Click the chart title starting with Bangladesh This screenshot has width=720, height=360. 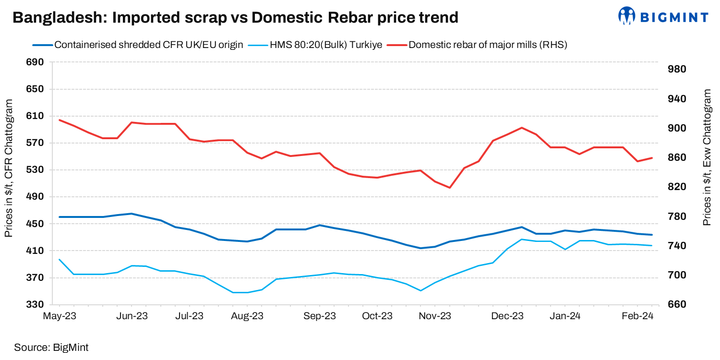[235, 18]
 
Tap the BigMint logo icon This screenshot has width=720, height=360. [626, 16]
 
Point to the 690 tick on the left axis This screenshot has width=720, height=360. [36, 62]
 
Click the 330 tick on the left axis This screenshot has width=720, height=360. [36, 305]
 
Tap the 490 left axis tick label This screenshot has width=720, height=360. [36, 197]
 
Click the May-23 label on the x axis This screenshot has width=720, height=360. [60, 316]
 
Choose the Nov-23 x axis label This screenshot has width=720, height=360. [435, 316]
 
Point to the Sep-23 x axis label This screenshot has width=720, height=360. [320, 316]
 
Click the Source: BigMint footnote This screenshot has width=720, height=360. [51, 347]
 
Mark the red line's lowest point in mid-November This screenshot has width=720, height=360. [450, 188]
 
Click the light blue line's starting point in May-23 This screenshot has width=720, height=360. [60, 260]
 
